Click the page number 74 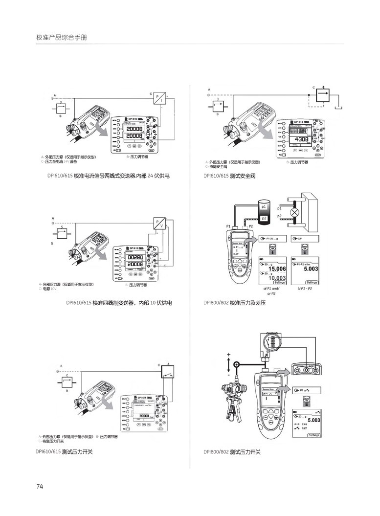click(40, 486)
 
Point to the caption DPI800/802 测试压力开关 click(232, 452)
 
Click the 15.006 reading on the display click(277, 269)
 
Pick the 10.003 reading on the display click(277, 278)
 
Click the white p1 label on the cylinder click(264, 207)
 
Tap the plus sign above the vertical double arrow click(228, 354)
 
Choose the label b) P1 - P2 click(305, 289)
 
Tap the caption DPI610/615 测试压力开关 click(64, 452)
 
